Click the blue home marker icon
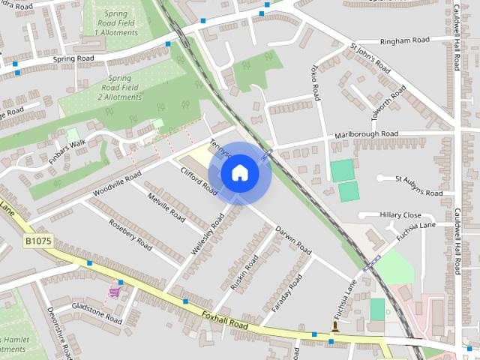click(x=240, y=174)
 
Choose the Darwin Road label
click(x=292, y=238)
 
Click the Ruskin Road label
click(x=244, y=273)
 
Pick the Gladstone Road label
click(x=96, y=313)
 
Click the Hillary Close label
click(x=400, y=214)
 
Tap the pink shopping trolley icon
click(x=115, y=291)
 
